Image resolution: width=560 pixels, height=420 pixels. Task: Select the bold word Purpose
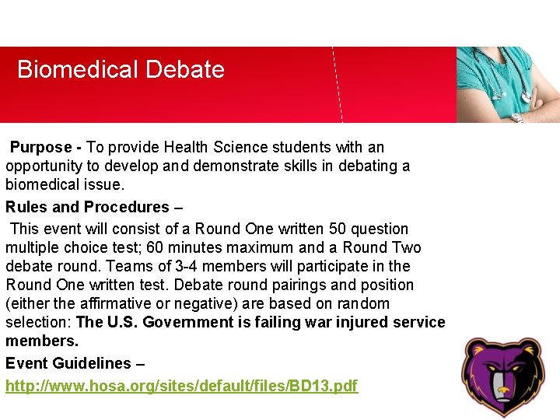tap(40, 147)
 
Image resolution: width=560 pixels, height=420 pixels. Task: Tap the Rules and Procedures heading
tap(87, 207)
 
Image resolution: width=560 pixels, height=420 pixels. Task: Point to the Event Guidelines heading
tap(68, 363)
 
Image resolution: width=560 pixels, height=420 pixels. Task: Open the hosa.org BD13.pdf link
tap(181, 386)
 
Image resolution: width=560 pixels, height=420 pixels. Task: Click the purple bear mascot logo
tap(503, 376)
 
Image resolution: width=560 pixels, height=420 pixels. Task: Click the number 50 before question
tap(338, 229)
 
